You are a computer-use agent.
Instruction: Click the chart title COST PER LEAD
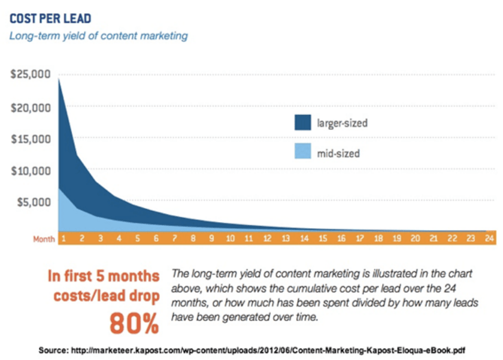[50, 19]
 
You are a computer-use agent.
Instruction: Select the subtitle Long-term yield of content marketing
[98, 35]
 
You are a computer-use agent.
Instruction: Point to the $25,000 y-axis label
[31, 74]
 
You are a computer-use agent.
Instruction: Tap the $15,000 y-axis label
[31, 139]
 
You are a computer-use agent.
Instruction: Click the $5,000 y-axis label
[34, 202]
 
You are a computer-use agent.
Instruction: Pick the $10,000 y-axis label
[31, 171]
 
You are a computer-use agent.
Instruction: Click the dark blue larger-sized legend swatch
[303, 122]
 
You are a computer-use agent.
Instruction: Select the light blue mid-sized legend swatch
[303, 151]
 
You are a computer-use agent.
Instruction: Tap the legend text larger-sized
[343, 123]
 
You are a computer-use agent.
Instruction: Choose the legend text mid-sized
[338, 153]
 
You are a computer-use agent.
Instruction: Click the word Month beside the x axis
[44, 240]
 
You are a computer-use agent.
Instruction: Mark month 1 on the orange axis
[63, 238]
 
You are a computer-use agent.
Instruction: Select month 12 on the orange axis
[267, 238]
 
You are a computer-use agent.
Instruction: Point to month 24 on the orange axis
[489, 238]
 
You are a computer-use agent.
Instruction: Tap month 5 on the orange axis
[138, 238]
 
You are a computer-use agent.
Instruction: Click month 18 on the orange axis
[378, 238]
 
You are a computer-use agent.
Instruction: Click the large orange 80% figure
[134, 323]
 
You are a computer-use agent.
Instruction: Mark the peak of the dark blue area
[59, 78]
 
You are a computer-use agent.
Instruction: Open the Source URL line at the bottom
[252, 350]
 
